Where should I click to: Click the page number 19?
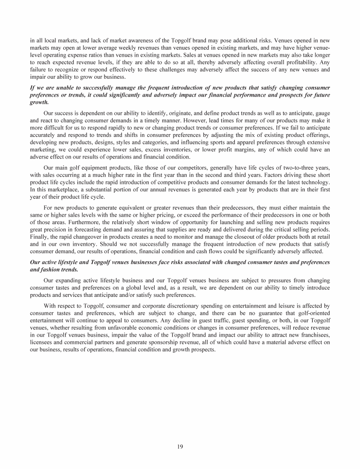(x=180, y=446)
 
